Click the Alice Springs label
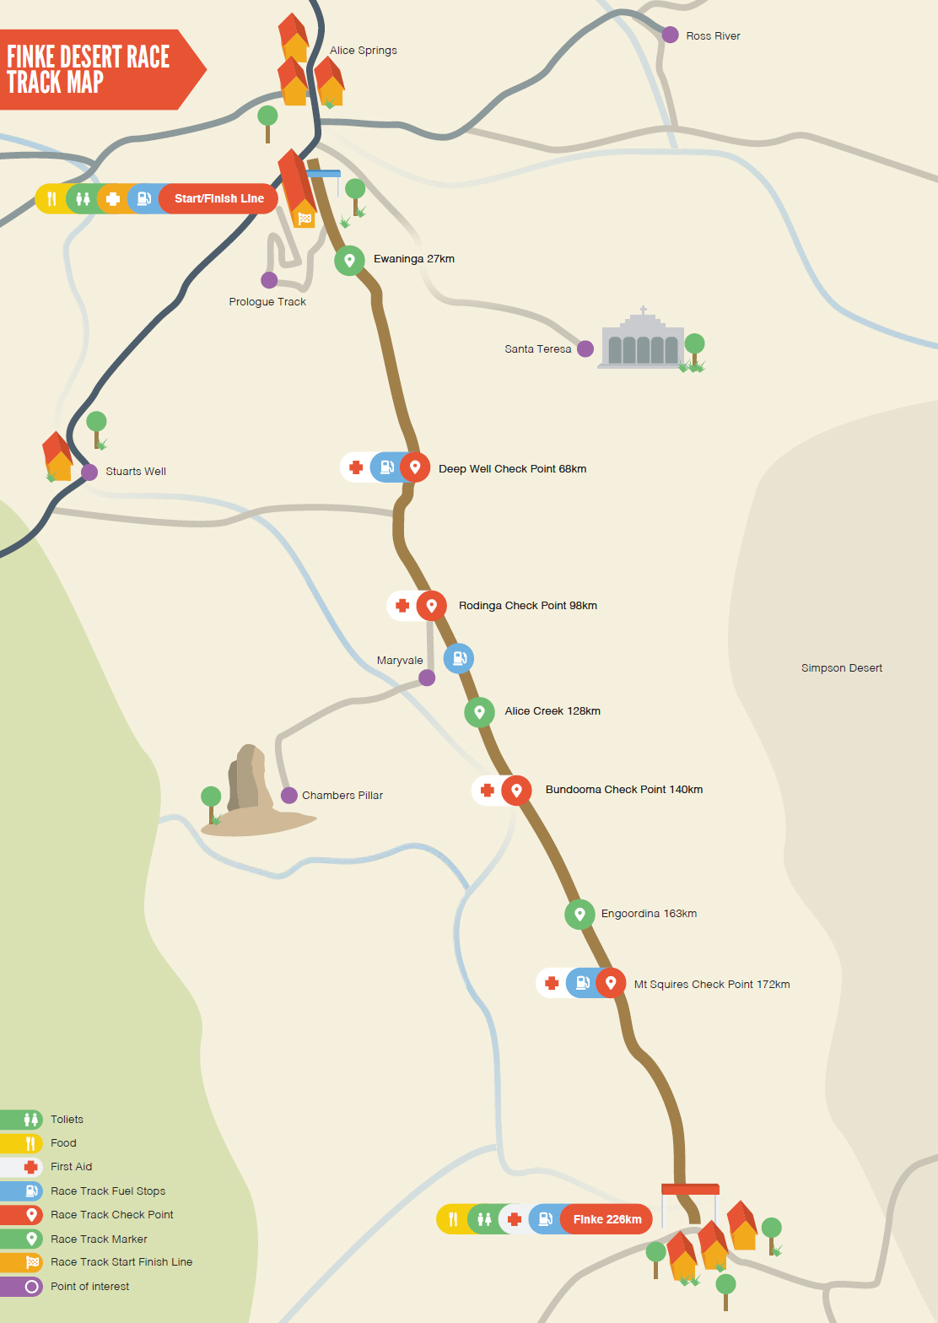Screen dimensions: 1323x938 pyautogui.click(x=363, y=51)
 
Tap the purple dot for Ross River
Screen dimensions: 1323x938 pyautogui.click(x=670, y=35)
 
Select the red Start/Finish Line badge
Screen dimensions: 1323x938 pyautogui.click(x=218, y=199)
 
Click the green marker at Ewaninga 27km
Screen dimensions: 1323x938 pyautogui.click(x=349, y=260)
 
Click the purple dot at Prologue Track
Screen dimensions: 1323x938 pyautogui.click(x=269, y=280)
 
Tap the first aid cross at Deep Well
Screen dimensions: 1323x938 pyautogui.click(x=356, y=467)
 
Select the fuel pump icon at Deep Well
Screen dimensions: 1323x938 pyautogui.click(x=385, y=467)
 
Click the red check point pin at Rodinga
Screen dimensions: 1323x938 pyautogui.click(x=431, y=606)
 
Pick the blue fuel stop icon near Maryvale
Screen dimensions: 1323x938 pyautogui.click(x=459, y=658)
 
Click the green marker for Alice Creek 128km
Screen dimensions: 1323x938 pyautogui.click(x=479, y=712)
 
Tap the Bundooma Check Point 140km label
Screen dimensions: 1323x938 pyautogui.click(x=623, y=790)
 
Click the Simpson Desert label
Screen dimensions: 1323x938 pyautogui.click(x=841, y=668)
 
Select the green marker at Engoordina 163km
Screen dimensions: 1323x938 pyautogui.click(x=580, y=914)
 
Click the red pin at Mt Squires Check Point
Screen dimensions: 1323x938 pyautogui.click(x=611, y=983)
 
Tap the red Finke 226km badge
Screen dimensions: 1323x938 pyautogui.click(x=607, y=1219)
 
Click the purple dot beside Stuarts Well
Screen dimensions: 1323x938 pyautogui.click(x=89, y=472)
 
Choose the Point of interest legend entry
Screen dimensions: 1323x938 pyautogui.click(x=89, y=1287)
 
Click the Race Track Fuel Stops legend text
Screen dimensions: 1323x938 pyautogui.click(x=108, y=1191)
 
